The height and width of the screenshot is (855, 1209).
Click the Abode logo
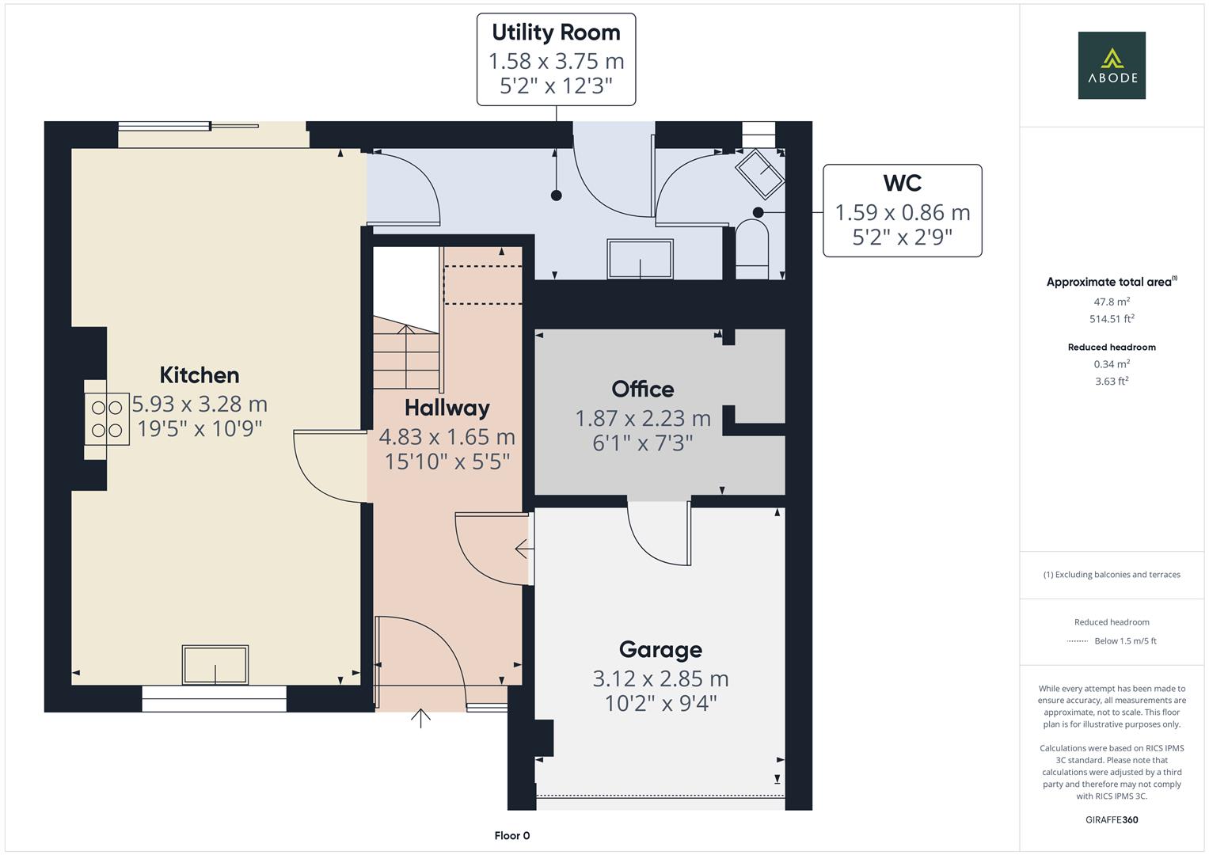[x=1112, y=65]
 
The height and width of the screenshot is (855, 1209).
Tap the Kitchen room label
[x=200, y=375]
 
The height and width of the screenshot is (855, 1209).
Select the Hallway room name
[x=447, y=408]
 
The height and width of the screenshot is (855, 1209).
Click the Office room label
[x=642, y=389]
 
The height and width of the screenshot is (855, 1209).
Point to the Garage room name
[x=660, y=651]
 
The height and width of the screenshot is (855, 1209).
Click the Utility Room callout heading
[x=556, y=32]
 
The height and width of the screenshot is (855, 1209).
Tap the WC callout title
[x=902, y=183]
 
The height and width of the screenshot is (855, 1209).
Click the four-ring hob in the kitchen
[x=106, y=419]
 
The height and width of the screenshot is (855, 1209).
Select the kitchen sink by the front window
[x=215, y=664]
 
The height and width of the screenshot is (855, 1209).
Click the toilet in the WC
[x=752, y=249]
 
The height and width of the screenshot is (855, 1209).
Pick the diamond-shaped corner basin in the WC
[x=759, y=173]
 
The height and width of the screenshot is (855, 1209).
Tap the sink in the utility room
[x=640, y=259]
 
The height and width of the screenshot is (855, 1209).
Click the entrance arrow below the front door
[x=420, y=719]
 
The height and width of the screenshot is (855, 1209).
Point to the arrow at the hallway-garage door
[x=524, y=549]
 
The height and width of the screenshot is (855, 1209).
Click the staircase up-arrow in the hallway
[x=406, y=356]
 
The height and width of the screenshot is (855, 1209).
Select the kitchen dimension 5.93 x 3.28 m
[x=200, y=404]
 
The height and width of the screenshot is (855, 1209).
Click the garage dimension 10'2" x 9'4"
[x=660, y=703]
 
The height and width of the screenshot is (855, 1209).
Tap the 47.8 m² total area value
[x=1112, y=301]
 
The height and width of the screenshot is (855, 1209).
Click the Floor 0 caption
[x=512, y=835]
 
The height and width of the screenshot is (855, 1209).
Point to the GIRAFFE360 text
[x=1112, y=819]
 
